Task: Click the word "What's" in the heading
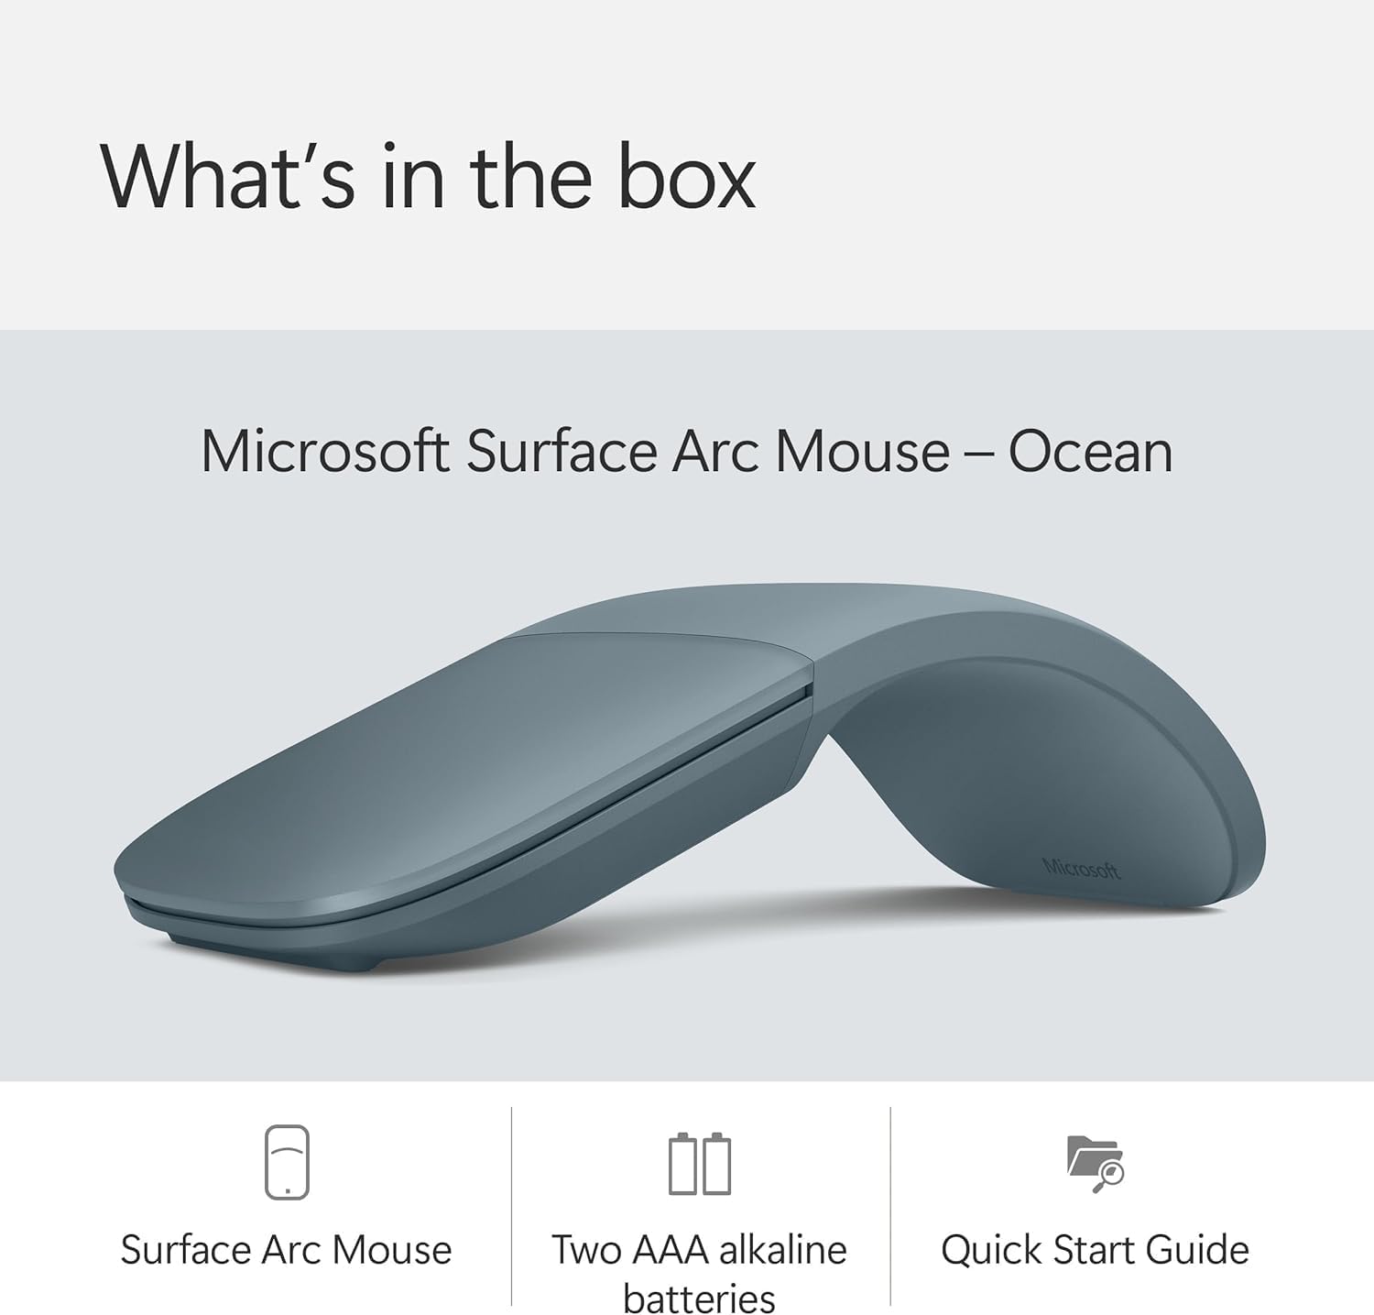click(x=227, y=176)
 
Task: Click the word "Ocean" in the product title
click(x=1090, y=452)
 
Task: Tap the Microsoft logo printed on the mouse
click(x=1082, y=868)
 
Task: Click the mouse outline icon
click(x=287, y=1163)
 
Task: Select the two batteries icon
click(x=700, y=1164)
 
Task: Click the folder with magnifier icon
click(x=1096, y=1164)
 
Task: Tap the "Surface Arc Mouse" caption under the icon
click(x=287, y=1250)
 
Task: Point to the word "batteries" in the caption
click(x=700, y=1299)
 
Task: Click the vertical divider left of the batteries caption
click(x=511, y=1206)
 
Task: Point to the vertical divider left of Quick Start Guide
click(x=890, y=1206)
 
